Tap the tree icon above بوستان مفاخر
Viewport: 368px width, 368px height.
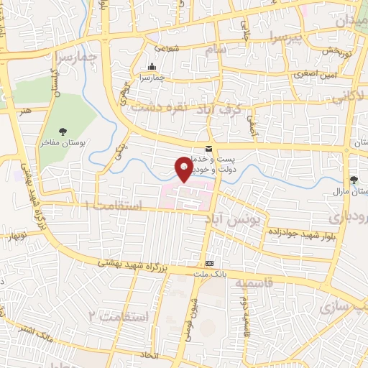63,131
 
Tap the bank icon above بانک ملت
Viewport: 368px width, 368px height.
209,264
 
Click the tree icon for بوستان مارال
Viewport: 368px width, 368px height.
353,180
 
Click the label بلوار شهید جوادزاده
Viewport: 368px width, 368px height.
286,234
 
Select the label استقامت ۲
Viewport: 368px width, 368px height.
118,316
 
